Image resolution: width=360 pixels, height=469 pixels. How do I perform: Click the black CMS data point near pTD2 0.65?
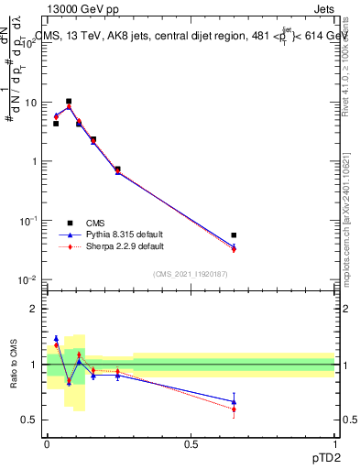pos(235,235)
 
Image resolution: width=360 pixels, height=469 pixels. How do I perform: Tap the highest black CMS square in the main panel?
pos(69,102)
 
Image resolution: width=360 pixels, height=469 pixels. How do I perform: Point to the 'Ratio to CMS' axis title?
pos(13,365)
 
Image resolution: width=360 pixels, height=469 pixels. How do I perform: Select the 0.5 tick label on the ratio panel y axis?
pos(30,420)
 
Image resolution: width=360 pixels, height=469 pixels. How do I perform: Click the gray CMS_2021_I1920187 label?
pos(190,274)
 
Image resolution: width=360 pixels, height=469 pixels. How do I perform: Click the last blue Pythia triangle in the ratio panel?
pos(235,401)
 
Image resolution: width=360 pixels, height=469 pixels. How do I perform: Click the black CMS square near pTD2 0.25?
pos(118,169)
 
